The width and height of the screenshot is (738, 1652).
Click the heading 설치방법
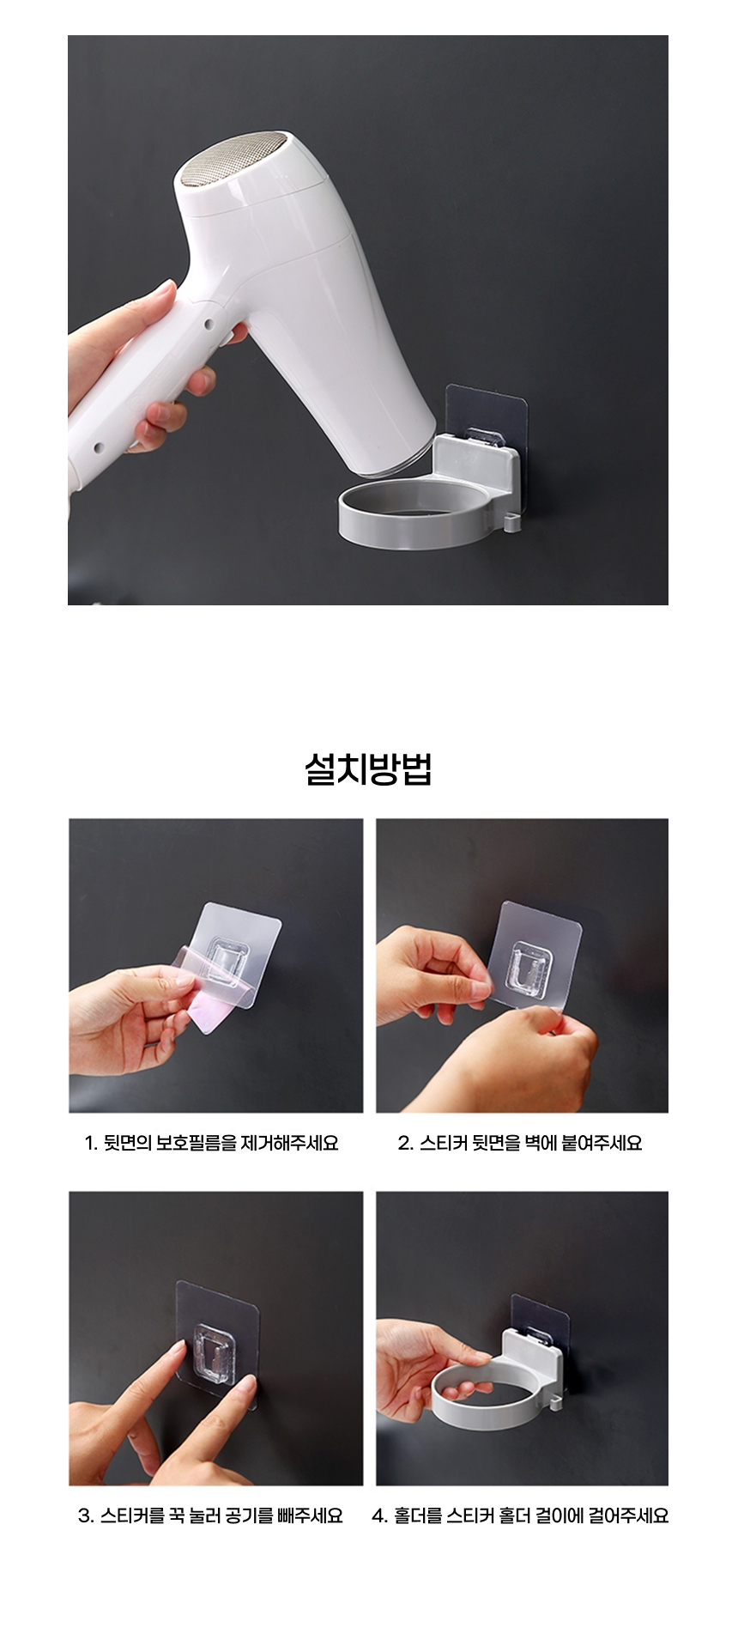(368, 768)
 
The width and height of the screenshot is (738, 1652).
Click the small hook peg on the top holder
(512, 522)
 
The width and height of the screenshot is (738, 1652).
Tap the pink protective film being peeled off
(210, 987)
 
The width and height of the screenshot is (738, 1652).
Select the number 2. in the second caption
(406, 1143)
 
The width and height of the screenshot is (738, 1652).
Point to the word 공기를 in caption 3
(249, 1515)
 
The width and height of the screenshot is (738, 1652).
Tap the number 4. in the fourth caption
(380, 1515)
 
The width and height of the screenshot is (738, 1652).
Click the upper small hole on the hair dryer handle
(207, 326)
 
